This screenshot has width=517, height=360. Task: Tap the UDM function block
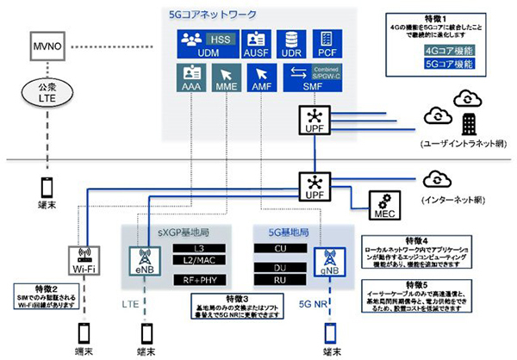tap(201, 43)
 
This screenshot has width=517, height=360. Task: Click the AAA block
tap(191, 79)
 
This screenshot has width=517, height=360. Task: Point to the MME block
tap(227, 79)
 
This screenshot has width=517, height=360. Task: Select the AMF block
tap(263, 79)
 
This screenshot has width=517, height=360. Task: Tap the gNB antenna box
tap(328, 260)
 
